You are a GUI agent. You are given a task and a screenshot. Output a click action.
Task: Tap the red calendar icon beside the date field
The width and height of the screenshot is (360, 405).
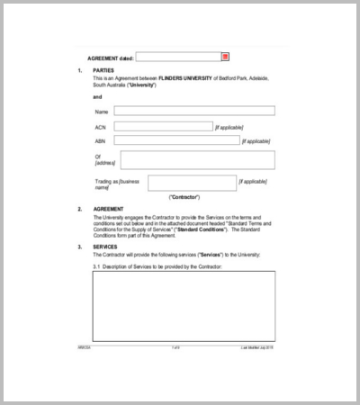pos(226,57)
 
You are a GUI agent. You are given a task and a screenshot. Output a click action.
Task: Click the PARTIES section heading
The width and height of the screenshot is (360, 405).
pos(103,70)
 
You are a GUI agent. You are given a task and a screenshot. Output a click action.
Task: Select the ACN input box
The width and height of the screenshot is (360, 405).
pos(163,127)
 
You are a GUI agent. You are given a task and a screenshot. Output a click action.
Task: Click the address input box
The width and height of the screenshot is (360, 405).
pos(197,160)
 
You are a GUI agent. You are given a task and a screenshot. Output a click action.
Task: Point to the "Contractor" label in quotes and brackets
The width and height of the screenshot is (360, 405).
pos(184,197)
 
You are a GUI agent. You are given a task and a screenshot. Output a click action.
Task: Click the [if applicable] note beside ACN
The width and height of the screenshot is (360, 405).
pos(229,128)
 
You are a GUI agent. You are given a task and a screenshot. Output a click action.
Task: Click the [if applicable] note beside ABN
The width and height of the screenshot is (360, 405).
pos(257,141)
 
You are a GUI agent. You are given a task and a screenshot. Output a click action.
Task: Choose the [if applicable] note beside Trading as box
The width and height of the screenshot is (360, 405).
pos(252,181)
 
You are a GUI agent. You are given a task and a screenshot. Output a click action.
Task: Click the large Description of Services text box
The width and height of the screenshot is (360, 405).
pos(183,305)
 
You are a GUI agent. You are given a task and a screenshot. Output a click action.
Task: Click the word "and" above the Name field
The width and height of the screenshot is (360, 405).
pos(97,96)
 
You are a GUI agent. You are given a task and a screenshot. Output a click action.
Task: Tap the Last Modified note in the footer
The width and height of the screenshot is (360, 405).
pos(257,346)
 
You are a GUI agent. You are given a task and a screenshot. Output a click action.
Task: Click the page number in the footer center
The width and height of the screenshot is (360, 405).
pos(176,346)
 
